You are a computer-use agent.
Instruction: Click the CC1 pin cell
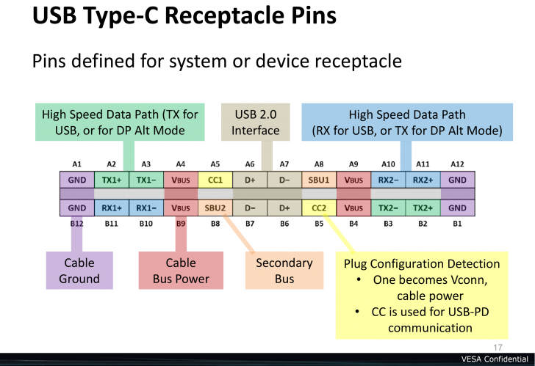click(x=215, y=180)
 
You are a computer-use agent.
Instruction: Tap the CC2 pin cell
click(x=319, y=208)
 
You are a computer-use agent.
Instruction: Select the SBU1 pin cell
click(x=319, y=180)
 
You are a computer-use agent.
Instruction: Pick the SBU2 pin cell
click(x=215, y=208)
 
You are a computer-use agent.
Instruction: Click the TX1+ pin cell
click(x=112, y=180)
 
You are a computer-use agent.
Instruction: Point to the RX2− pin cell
click(x=388, y=180)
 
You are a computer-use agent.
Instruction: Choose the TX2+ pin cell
click(x=423, y=208)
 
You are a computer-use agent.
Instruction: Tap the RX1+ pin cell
click(x=112, y=208)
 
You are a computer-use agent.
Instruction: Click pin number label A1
click(x=77, y=164)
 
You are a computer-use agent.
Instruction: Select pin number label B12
click(x=77, y=223)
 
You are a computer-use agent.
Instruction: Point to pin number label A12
click(x=457, y=164)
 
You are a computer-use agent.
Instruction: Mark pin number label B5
click(x=319, y=223)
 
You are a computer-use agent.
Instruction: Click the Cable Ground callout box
click(x=79, y=271)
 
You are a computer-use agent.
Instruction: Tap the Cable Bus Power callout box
click(x=181, y=271)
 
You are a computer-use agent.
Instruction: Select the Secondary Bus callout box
click(x=284, y=271)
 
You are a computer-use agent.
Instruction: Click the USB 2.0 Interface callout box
click(x=256, y=122)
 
